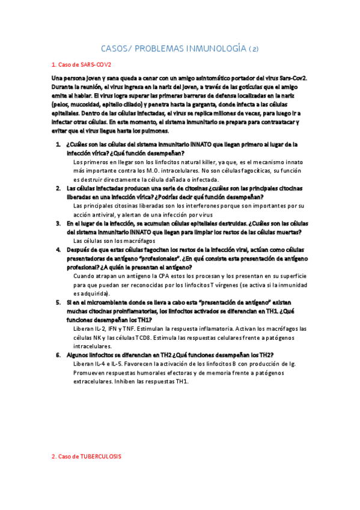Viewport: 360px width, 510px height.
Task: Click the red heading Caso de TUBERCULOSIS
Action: click(87, 456)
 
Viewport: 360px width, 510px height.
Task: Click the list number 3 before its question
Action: click(59, 224)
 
